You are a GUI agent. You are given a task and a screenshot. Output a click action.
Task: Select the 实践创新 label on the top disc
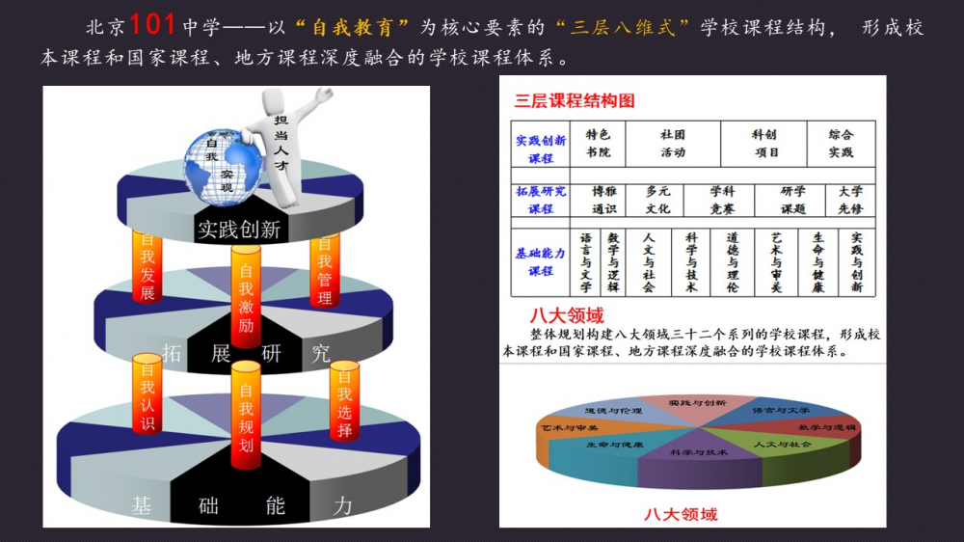click(x=239, y=230)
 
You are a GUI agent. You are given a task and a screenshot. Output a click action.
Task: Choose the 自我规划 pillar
click(x=246, y=415)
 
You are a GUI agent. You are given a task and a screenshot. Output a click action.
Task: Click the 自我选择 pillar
click(x=344, y=401)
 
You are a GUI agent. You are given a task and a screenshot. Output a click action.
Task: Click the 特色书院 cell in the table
click(x=599, y=144)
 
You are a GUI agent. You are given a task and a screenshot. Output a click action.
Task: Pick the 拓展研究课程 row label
click(x=541, y=200)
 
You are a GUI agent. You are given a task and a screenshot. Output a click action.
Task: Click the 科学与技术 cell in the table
click(x=691, y=261)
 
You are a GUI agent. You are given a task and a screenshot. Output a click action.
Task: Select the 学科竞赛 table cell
click(x=722, y=200)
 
